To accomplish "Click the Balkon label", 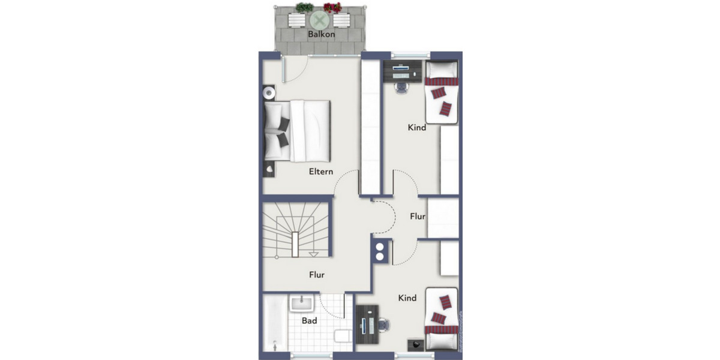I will click(321, 34).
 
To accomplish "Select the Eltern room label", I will click(321, 172).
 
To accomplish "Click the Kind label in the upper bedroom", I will click(417, 127).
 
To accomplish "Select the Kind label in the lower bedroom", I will click(407, 298).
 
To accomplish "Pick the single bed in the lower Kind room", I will click(442, 319).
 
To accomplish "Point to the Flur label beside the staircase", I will click(317, 275).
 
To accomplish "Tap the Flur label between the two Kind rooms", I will click(418, 216).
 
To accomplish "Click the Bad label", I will click(310, 321).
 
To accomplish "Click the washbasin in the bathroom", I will click(298, 304).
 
